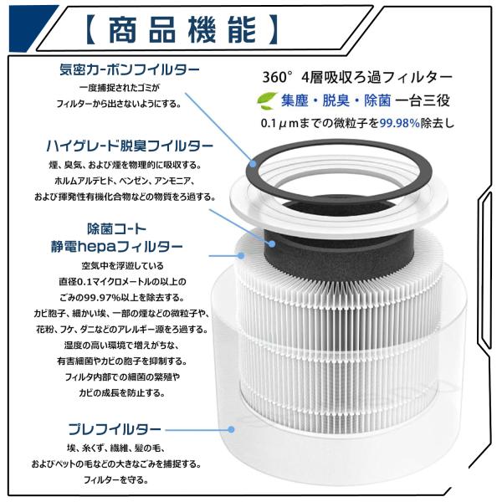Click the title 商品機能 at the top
[x=182, y=29]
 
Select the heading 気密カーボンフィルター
[x=130, y=69]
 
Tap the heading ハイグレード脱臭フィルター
[x=130, y=146]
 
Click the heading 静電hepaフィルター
[x=117, y=247]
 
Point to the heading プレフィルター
[x=115, y=429]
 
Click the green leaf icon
[x=267, y=100]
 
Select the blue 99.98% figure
[x=400, y=123]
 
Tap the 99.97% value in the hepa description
[x=102, y=298]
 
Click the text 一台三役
[x=423, y=101]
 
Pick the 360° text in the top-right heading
[x=278, y=78]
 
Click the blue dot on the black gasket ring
[x=253, y=164]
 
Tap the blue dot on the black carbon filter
[x=272, y=244]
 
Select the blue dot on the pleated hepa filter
[x=241, y=255]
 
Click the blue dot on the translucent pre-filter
[x=231, y=430]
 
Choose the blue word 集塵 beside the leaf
[x=295, y=101]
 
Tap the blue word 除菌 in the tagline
[x=377, y=101]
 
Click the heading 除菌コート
[x=117, y=229]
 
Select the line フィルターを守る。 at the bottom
[x=116, y=480]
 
